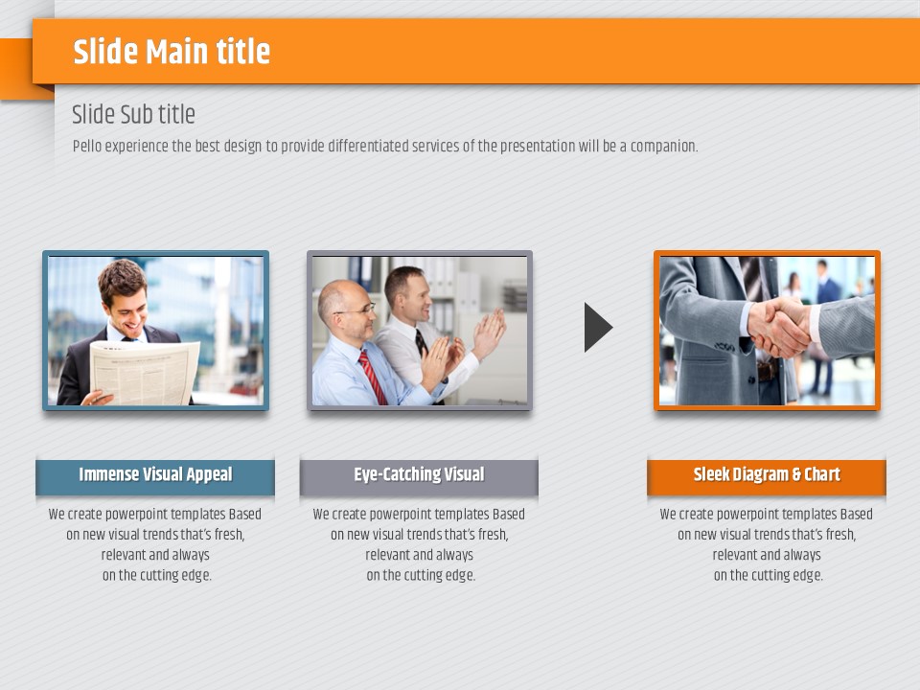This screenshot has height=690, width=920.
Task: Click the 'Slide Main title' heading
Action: pyautogui.click(x=172, y=51)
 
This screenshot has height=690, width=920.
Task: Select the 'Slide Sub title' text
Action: pyautogui.click(x=133, y=114)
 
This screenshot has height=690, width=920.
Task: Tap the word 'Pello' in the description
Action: pyautogui.click(x=87, y=146)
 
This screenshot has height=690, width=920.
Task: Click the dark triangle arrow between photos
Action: pyautogui.click(x=598, y=328)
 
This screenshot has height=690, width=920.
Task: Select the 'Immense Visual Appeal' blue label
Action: pyautogui.click(x=155, y=474)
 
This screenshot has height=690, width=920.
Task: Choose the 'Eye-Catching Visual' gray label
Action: pyautogui.click(x=419, y=474)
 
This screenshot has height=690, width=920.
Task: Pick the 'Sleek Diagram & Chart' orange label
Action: pyautogui.click(x=767, y=474)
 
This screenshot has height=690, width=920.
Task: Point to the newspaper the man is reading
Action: pyautogui.click(x=143, y=372)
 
